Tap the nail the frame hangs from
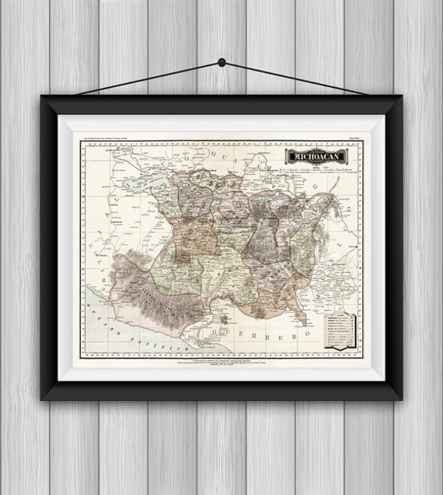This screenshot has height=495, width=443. click(x=221, y=62)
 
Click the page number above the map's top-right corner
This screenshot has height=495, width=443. click(x=354, y=138)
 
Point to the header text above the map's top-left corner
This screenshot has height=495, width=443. click(x=109, y=138)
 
